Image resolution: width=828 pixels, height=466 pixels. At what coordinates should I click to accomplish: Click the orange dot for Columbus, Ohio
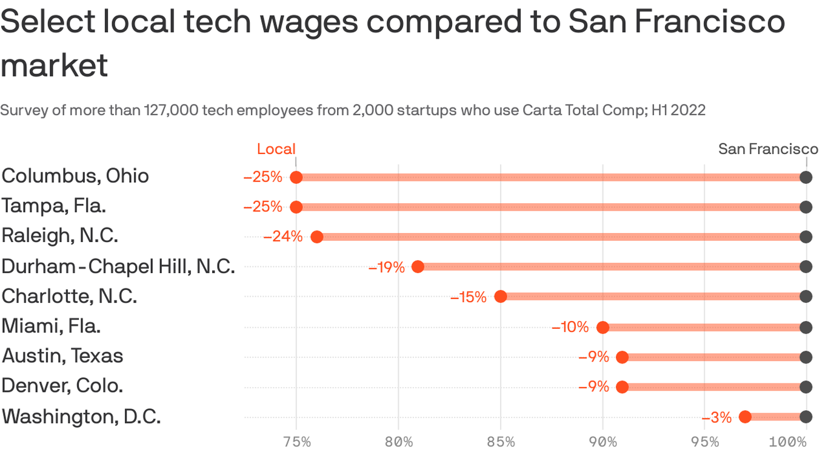pos(296,177)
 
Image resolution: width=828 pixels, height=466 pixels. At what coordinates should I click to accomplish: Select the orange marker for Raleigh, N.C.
pos(316,237)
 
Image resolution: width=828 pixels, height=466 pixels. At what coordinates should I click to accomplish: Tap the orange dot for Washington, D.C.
pos(745,417)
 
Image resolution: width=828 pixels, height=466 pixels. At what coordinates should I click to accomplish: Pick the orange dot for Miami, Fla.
pos(603,328)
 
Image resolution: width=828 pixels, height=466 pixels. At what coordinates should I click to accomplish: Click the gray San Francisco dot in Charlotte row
pos(806,297)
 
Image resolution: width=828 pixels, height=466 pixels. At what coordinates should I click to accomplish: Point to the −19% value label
pos(386,267)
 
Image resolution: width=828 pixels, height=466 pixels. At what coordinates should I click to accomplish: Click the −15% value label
pos(468,297)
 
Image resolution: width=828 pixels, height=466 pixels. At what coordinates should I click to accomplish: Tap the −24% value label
pos(282,237)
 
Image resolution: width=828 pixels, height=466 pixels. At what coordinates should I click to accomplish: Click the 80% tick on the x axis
pos(398,442)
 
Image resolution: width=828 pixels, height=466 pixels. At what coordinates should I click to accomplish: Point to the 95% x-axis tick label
pos(704,442)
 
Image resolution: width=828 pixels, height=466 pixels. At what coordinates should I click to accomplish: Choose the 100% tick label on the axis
pos(788,442)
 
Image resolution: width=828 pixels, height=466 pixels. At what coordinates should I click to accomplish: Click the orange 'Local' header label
pos(276,149)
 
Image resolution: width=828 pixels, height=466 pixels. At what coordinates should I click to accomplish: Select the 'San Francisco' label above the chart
pos(768,149)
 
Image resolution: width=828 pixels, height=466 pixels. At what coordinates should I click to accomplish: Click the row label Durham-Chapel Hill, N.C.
pos(118,266)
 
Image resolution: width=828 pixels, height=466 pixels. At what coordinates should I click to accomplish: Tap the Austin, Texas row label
pos(62,356)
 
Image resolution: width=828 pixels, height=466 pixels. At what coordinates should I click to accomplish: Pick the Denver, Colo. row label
pos(62,386)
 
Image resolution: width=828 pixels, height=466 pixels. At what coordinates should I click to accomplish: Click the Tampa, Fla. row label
pos(54,206)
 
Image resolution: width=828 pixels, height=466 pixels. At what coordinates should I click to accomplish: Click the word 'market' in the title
pos(54,65)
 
